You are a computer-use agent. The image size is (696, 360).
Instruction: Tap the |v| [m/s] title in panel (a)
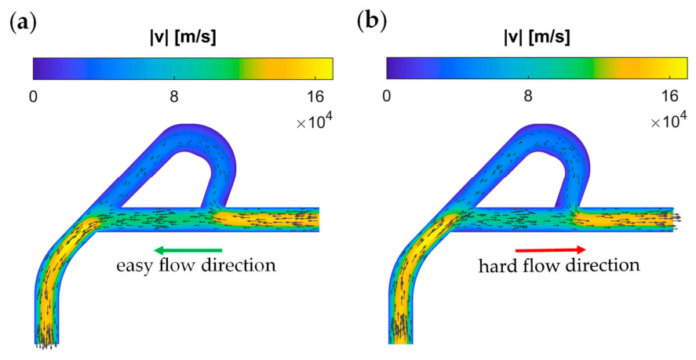183,38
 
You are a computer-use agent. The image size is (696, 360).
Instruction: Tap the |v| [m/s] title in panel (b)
537,38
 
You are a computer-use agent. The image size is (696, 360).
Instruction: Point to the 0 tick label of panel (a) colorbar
33,96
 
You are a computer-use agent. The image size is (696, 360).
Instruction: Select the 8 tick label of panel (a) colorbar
174,96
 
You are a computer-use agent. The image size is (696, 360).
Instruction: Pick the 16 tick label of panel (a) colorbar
315,96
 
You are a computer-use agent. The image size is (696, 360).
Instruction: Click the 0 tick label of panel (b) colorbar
387,96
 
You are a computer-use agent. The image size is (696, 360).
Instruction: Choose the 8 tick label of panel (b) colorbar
528,96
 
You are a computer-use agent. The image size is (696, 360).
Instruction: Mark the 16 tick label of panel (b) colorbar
669,96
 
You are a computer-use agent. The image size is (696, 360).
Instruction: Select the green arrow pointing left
188,250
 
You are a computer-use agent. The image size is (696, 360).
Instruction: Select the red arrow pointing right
550,250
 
